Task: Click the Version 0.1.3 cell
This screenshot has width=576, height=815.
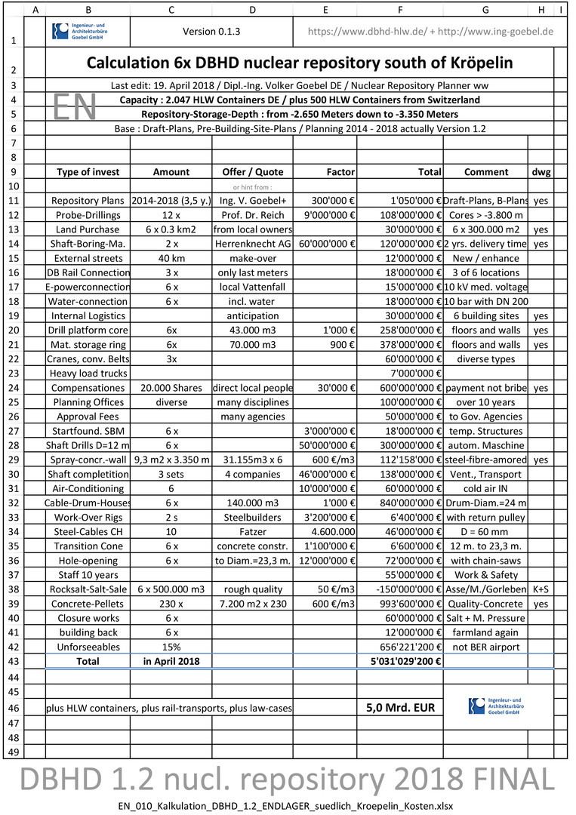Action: pyautogui.click(x=211, y=32)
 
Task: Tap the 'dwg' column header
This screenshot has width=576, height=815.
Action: pyautogui.click(x=541, y=172)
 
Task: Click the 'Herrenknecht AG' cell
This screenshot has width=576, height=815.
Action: pyautogui.click(x=252, y=244)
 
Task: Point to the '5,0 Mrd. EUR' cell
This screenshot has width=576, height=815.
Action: pyautogui.click(x=400, y=708)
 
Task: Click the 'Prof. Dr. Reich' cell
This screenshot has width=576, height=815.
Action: pyautogui.click(x=252, y=215)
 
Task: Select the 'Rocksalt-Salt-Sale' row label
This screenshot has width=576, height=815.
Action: pyautogui.click(x=88, y=589)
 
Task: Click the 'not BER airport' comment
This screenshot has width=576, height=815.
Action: pyautogui.click(x=485, y=647)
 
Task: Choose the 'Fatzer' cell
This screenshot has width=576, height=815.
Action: pyautogui.click(x=252, y=531)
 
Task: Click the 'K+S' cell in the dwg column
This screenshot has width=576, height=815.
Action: pyautogui.click(x=541, y=589)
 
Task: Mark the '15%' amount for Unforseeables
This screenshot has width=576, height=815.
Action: pyautogui.click(x=171, y=647)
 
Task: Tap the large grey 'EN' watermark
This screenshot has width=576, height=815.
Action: pyautogui.click(x=75, y=107)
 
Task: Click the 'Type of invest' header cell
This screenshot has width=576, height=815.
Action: pyautogui.click(x=88, y=172)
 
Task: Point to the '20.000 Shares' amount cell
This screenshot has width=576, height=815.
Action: pyautogui.click(x=171, y=388)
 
